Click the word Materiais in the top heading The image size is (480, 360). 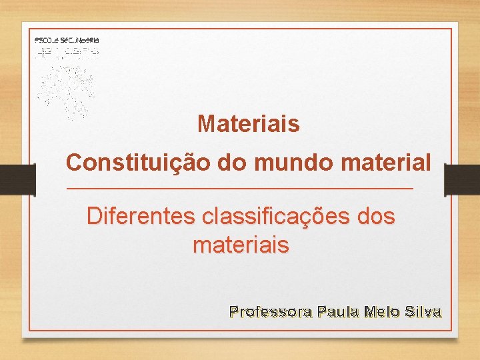248,124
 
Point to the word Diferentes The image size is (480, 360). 140,217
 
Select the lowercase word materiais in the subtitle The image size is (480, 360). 241,246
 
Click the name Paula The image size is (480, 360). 338,311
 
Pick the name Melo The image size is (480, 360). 381,311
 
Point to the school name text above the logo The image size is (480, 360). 66,41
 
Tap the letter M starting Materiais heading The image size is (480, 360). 206,124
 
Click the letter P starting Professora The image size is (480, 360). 233,311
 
